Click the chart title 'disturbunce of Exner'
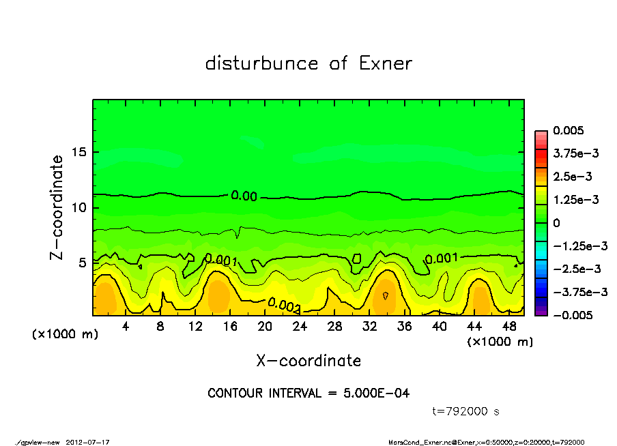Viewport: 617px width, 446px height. [x=308, y=63]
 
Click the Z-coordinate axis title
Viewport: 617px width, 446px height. [x=57, y=207]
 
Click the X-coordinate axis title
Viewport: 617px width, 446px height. [x=308, y=361]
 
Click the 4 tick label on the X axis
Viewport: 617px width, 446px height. [x=126, y=327]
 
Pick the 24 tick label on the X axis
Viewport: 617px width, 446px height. [x=300, y=327]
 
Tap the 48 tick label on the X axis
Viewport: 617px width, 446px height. [x=508, y=327]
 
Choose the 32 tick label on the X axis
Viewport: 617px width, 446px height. [x=369, y=327]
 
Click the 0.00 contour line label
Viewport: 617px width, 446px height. [x=244, y=196]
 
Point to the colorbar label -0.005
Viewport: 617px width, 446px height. [x=573, y=315]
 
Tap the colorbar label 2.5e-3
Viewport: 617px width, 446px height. [x=573, y=177]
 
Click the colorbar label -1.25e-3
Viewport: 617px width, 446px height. [x=576, y=246]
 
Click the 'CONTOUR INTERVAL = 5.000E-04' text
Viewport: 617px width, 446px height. [x=308, y=393]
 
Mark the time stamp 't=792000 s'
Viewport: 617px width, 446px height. [x=467, y=411]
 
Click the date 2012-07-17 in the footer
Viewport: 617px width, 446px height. [x=87, y=442]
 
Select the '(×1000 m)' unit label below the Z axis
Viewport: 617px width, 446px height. [x=63, y=335]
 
